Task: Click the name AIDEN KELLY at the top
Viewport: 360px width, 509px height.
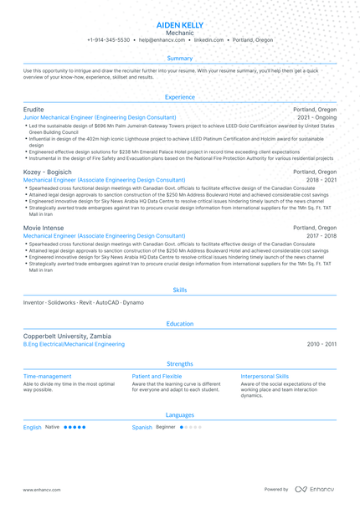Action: [180, 26]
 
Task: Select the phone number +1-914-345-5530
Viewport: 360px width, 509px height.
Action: [108, 40]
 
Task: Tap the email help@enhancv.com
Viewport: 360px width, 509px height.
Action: [163, 40]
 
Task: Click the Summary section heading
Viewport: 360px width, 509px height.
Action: [180, 59]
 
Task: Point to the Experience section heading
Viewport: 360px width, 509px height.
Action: [180, 97]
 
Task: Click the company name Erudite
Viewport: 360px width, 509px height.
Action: [34, 110]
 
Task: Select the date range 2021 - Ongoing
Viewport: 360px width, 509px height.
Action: [316, 118]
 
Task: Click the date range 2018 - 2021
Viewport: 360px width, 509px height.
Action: [321, 180]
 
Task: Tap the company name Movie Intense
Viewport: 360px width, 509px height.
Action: [44, 228]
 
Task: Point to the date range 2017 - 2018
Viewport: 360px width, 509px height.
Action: [321, 236]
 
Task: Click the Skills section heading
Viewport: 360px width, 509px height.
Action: [180, 290]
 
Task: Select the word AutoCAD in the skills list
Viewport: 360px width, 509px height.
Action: [107, 301]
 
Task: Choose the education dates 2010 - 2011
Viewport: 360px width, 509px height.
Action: [321, 344]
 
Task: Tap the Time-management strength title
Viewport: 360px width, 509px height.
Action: [48, 377]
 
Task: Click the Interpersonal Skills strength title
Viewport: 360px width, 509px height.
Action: [265, 377]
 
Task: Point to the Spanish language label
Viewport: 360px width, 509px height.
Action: [142, 427]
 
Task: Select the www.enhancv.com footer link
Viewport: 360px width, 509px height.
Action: [41, 490]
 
